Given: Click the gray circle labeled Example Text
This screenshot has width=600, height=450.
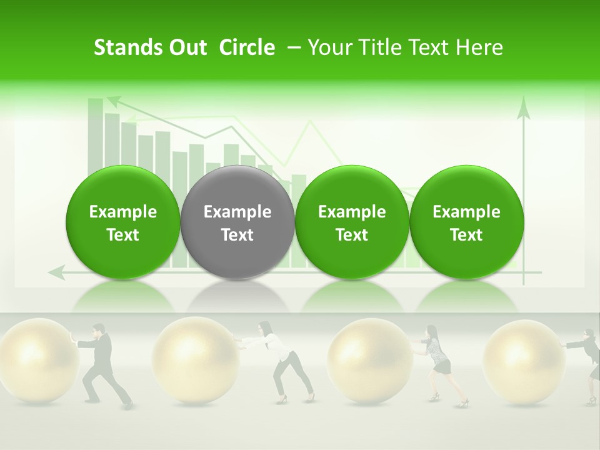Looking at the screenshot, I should [x=237, y=222].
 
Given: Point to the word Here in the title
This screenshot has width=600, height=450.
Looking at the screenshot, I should [x=480, y=47].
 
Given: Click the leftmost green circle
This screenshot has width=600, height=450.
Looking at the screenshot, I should [x=122, y=222].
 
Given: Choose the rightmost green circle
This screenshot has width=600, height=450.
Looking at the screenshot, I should [x=466, y=222].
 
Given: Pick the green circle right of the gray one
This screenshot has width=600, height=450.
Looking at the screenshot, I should [x=352, y=222].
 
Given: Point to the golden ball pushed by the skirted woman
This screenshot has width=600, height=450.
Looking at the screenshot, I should [x=370, y=359].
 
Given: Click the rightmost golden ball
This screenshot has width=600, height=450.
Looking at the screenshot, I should [x=524, y=359].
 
